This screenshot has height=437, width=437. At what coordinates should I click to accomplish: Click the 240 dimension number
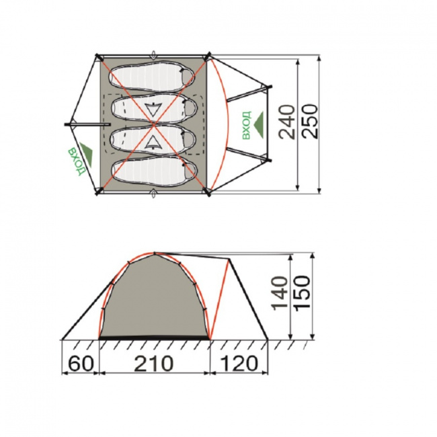coord(287,122)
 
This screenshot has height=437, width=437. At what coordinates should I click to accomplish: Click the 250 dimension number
coord(310,122)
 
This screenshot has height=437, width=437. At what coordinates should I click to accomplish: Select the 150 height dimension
coord(303,292)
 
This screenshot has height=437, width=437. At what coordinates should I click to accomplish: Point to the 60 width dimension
coord(80,364)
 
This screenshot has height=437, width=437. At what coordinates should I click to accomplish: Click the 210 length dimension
coord(154,364)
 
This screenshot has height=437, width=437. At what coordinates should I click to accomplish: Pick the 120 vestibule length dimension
coord(239,364)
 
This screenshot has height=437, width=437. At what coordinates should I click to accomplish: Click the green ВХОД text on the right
coord(247,125)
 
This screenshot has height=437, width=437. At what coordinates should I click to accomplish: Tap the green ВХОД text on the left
coord(76,161)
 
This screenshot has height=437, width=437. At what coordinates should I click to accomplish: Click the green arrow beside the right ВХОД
coord(259,124)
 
